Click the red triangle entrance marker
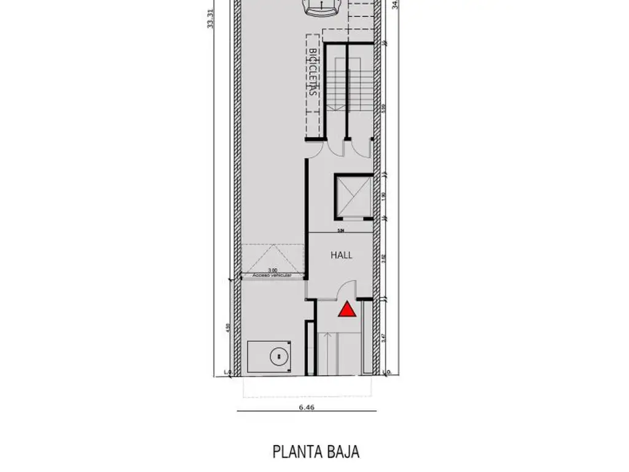click(x=347, y=309)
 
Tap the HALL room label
click(x=342, y=254)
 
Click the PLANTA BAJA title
click(x=316, y=452)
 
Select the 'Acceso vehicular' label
click(x=271, y=276)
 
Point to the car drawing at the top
click(x=322, y=7)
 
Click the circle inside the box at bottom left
click(x=279, y=355)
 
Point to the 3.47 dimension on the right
click(x=384, y=336)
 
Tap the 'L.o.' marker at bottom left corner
click(x=229, y=372)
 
